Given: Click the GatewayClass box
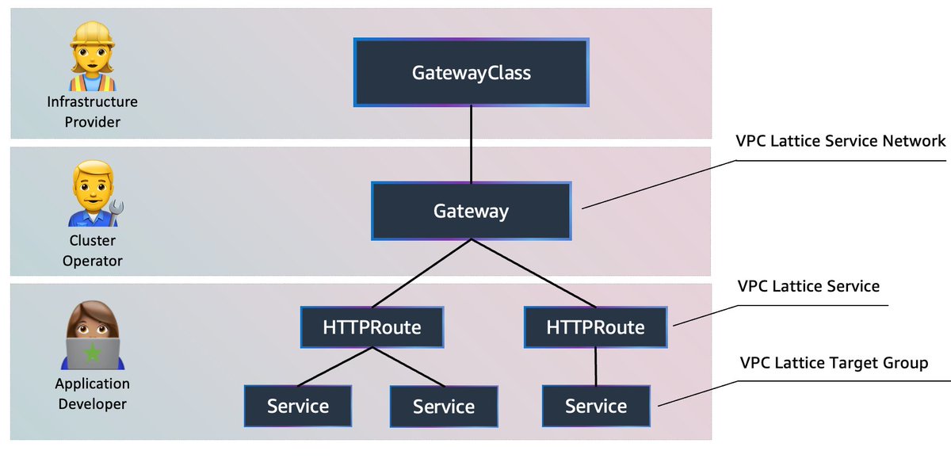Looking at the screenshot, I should click(x=472, y=73).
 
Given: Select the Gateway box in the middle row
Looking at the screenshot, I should click(x=472, y=212).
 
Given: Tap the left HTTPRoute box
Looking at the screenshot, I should click(x=372, y=327).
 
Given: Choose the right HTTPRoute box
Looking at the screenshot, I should click(x=596, y=327).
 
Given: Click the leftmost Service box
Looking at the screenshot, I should click(x=298, y=407).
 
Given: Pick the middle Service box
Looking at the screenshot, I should click(x=444, y=407).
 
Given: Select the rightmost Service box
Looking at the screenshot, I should click(x=596, y=407).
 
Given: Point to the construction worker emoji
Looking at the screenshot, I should click(x=92, y=56).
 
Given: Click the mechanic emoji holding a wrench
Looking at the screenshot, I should click(x=92, y=195).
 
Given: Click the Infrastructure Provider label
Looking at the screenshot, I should click(x=92, y=112).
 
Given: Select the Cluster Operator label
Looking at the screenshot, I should click(x=92, y=250).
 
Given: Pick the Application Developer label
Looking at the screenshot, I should click(x=92, y=394).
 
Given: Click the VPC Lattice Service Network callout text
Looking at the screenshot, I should click(x=842, y=141).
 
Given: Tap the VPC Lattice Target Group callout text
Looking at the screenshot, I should click(x=833, y=363).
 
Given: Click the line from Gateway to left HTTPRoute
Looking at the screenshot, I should click(x=422, y=274).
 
